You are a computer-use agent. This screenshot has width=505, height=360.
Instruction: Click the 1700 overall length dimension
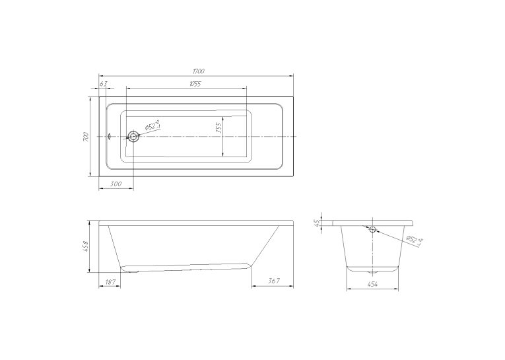(199, 71)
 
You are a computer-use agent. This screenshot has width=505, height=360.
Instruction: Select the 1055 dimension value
(195, 84)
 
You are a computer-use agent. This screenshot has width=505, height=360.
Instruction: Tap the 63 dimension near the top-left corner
(103, 84)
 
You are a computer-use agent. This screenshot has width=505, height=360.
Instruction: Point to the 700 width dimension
(85, 137)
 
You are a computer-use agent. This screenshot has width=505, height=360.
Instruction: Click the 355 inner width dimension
(219, 127)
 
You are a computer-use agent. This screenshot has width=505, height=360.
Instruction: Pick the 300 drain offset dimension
(116, 184)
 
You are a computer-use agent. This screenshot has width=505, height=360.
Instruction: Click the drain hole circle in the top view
(133, 137)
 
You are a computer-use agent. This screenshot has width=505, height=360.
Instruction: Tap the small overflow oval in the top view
(110, 137)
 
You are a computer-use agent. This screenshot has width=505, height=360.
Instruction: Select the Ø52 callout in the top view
(152, 126)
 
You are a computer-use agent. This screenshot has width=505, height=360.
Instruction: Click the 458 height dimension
(85, 246)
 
